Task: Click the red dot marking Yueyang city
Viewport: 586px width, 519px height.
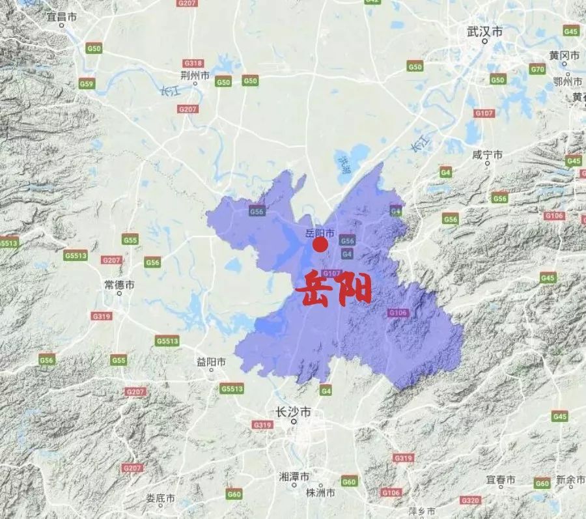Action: (x=320, y=245)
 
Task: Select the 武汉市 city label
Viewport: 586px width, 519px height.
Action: (x=485, y=31)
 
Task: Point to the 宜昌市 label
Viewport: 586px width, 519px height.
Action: (x=62, y=16)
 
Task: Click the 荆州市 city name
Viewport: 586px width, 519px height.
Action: (x=195, y=76)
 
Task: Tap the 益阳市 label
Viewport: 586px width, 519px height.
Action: (x=212, y=361)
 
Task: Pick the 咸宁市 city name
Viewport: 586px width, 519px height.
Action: (x=488, y=155)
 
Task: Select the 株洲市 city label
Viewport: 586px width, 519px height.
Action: (x=320, y=493)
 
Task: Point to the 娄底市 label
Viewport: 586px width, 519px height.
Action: (x=160, y=498)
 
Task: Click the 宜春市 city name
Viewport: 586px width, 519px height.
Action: (x=501, y=479)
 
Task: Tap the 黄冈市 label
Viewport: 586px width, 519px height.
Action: (x=564, y=55)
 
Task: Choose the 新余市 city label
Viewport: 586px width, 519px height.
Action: (x=570, y=480)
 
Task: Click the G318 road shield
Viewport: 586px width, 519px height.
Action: (x=193, y=63)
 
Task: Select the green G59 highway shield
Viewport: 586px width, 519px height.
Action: (x=87, y=83)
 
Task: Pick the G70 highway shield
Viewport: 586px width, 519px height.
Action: (x=537, y=69)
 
